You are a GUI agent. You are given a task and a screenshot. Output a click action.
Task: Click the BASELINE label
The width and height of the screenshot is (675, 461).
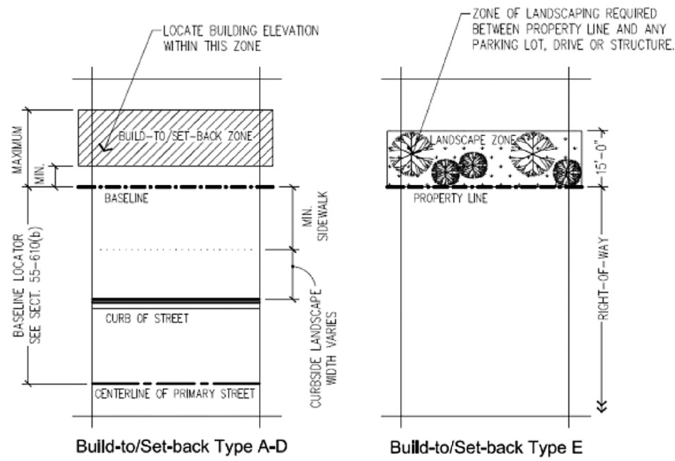(126, 199)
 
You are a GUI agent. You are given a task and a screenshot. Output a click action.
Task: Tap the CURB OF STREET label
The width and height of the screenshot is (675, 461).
(147, 318)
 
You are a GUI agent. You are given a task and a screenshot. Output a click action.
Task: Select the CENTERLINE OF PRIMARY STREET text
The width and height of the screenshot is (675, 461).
(175, 394)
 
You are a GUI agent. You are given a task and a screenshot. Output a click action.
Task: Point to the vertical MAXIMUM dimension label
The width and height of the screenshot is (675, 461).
(17, 150)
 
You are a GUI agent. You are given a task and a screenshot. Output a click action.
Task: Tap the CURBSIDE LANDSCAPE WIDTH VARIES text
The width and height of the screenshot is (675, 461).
(324, 348)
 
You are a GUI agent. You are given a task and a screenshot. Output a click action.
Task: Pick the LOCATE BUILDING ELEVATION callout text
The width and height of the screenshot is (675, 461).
(241, 38)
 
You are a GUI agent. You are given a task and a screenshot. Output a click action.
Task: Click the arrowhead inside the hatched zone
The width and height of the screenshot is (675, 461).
(105, 148)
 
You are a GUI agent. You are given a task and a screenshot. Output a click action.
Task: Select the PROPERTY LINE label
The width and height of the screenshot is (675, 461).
(450, 199)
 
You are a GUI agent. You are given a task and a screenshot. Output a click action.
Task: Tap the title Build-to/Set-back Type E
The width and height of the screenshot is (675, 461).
(486, 447)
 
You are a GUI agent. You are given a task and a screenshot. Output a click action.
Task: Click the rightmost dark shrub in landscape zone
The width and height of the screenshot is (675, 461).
(567, 172)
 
